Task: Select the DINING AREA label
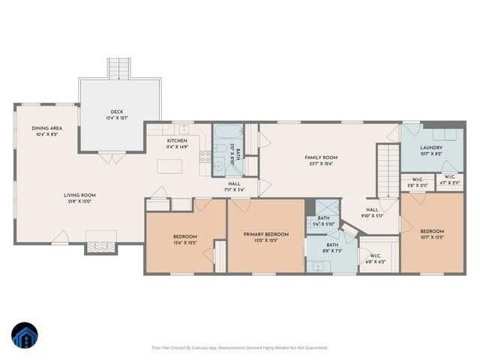pos(46,128)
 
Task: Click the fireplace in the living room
pos(100,241)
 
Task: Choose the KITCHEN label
pos(177,140)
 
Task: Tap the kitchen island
pos(169,166)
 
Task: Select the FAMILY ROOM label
pos(320,157)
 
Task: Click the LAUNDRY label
pos(430,148)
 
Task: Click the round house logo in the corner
pos(24,335)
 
